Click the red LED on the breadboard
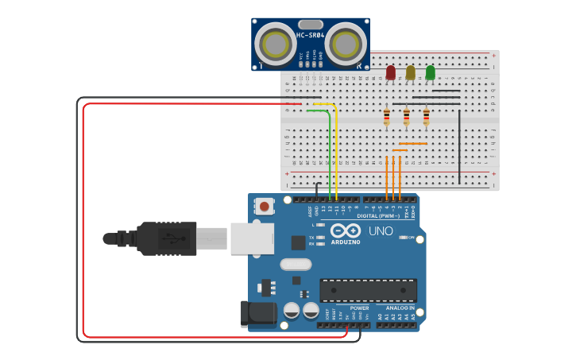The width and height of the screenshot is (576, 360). coord(390,72)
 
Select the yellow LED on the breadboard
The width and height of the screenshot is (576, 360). coord(410,72)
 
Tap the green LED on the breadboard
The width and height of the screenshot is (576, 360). coord(430,72)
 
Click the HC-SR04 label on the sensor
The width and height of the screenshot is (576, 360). coord(310,36)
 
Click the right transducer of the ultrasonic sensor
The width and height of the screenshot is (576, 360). coord(345,44)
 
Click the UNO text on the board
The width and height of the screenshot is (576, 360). coord(381,231)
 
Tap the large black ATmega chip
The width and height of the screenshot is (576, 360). coord(368,290)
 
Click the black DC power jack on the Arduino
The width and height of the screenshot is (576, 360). coord(257,313)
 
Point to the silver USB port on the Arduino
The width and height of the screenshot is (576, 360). coord(252,238)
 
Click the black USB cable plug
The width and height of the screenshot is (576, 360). coord(166,238)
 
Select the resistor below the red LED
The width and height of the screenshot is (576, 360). coord(386,118)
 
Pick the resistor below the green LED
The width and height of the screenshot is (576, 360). coord(426,118)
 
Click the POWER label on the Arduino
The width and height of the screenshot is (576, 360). coord(359,308)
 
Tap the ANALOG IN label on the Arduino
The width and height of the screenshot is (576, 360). coord(400,308)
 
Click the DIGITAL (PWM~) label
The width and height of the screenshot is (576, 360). coord(378,215)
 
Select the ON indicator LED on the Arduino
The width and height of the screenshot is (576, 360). coord(404,238)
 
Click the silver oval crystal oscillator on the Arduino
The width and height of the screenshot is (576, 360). coord(296,264)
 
